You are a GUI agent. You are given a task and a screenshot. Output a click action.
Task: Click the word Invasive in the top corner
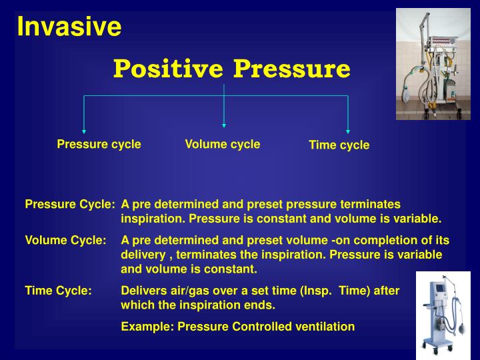coord(69,27)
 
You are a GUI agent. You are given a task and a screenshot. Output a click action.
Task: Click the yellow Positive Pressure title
coord(231,68)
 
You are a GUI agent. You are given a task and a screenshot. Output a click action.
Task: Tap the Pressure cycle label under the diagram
coord(99,144)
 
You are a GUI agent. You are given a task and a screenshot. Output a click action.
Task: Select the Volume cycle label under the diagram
coord(223,144)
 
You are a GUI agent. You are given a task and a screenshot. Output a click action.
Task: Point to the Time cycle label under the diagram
coord(339,145)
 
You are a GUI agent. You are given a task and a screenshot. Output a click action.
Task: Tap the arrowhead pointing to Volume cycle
coord(224,124)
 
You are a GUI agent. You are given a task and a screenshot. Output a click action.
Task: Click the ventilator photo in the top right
coord(433,64)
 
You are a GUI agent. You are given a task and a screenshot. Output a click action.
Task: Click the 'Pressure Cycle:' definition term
coord(70,204)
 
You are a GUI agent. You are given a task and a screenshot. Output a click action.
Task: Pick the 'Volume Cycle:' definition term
coord(65,240)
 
